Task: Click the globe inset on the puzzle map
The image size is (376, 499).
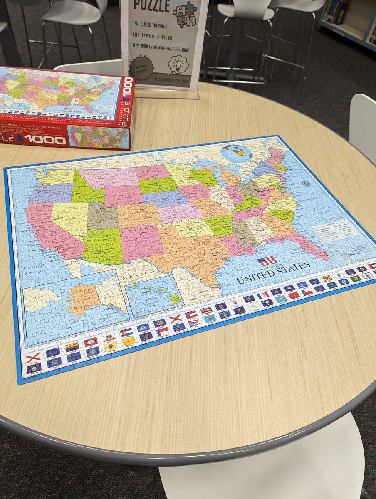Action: coord(237,153)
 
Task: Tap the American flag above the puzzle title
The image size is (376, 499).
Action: coord(267,261)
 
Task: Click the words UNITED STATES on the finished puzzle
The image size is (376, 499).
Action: coord(273,273)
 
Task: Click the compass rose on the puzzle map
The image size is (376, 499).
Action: coord(306,183)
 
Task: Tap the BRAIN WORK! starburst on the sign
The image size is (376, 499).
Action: coord(141,67)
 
